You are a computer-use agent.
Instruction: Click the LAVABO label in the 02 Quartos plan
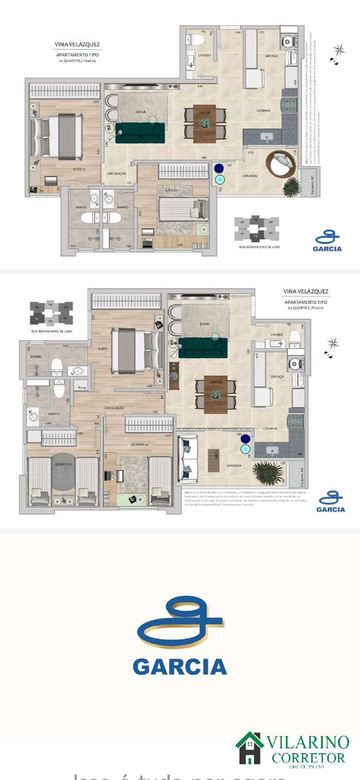204,56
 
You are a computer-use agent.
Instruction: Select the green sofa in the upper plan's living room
140,133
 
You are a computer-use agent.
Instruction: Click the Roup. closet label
82,388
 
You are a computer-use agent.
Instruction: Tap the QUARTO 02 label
140,445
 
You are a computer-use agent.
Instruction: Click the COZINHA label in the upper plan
263,111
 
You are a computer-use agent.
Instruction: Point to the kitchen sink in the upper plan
267,136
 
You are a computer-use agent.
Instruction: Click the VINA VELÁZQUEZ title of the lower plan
306,292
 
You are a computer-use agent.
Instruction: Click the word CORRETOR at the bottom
308,758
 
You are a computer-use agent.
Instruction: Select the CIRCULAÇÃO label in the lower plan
114,408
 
